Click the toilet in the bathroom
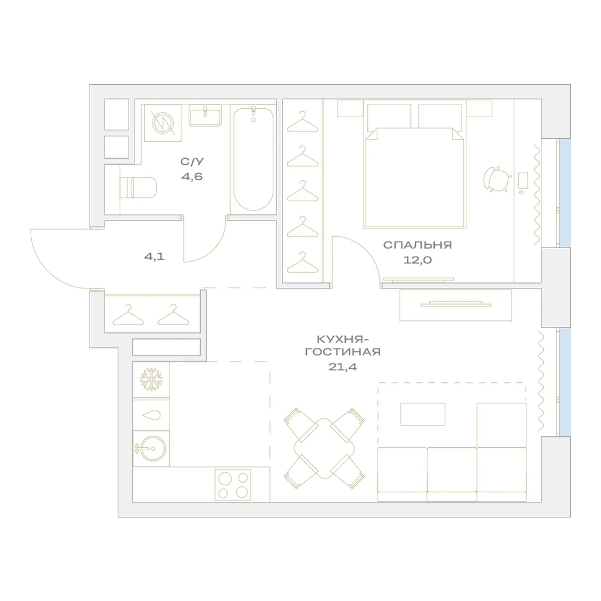point(138,188)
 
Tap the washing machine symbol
point(162,123)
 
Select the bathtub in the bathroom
point(254,159)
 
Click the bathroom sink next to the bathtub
point(205,115)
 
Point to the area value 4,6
point(192,177)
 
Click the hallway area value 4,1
point(154,257)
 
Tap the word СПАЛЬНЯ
point(418,245)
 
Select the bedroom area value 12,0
point(418,260)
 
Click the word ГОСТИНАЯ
point(343,352)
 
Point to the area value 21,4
point(343,367)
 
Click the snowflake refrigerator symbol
point(151,379)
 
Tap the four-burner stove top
point(233,484)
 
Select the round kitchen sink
point(151,448)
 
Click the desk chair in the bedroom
point(497,179)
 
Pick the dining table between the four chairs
point(325,448)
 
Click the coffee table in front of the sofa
point(423,414)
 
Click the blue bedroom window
point(565,193)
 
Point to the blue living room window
point(565,382)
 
